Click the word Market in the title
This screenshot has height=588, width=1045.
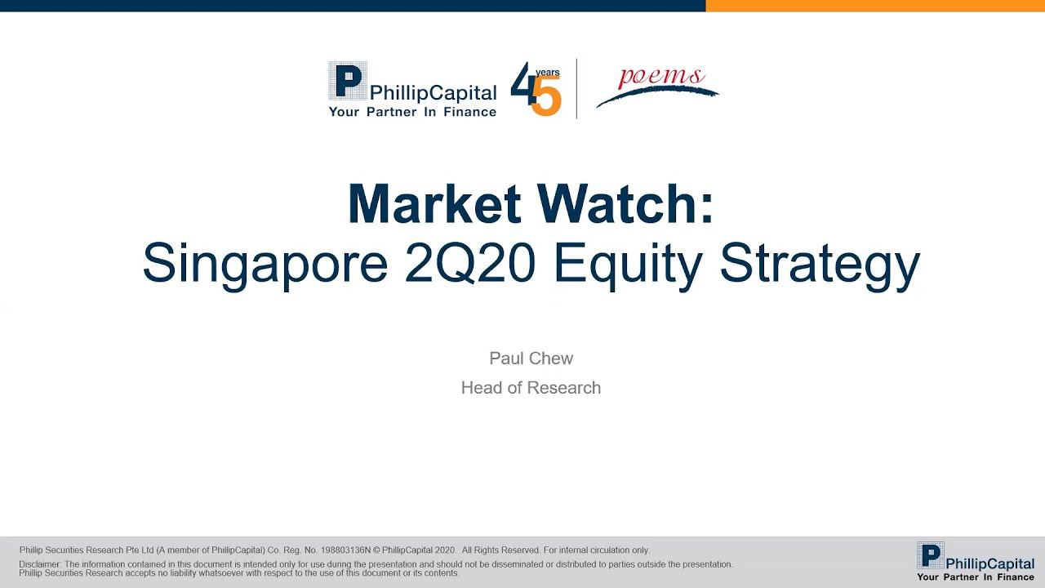point(433,204)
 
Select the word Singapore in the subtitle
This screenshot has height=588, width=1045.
point(265,263)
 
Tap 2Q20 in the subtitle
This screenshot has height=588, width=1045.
point(469,263)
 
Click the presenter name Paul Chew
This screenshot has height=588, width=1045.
point(531,359)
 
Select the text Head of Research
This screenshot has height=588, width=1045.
point(531,388)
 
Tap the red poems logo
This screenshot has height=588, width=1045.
point(661,78)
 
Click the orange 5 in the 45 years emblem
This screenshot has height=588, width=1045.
point(546,97)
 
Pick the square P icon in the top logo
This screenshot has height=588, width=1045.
point(348,81)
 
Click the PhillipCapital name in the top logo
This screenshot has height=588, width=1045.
point(433,93)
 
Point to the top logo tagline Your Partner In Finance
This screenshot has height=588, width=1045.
point(412,112)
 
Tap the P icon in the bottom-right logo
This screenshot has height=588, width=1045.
point(931,556)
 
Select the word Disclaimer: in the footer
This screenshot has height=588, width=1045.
point(39,564)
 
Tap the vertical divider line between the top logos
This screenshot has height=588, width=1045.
point(576,88)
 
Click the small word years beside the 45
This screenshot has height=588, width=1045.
point(548,73)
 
